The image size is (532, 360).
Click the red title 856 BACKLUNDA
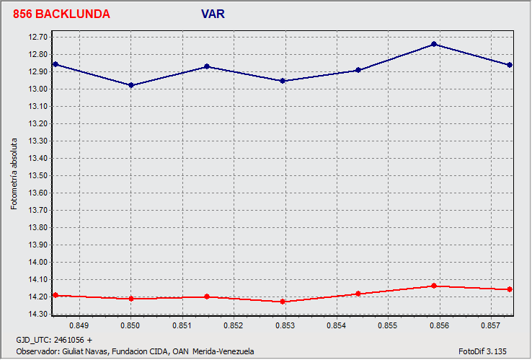coord(61,14)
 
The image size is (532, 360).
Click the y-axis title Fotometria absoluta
coord(14,175)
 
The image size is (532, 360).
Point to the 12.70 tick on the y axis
coord(38,37)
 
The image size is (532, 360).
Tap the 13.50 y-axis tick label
coord(38,175)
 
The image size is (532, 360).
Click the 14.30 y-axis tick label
coord(38,314)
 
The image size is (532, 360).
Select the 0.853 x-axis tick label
coord(285,326)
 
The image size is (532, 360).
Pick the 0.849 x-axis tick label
coord(79,326)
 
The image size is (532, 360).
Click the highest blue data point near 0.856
coord(434,44)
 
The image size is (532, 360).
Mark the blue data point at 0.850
coord(130,85)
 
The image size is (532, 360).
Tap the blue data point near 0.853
coord(283,81)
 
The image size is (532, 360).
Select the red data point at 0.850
coord(130,299)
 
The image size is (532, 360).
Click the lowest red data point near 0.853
coord(283,302)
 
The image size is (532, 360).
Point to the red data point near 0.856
coord(434,286)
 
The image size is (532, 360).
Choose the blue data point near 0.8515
coord(207,66)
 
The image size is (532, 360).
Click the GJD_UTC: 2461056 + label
coord(54,339)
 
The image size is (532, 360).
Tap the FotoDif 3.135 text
coord(482,351)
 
